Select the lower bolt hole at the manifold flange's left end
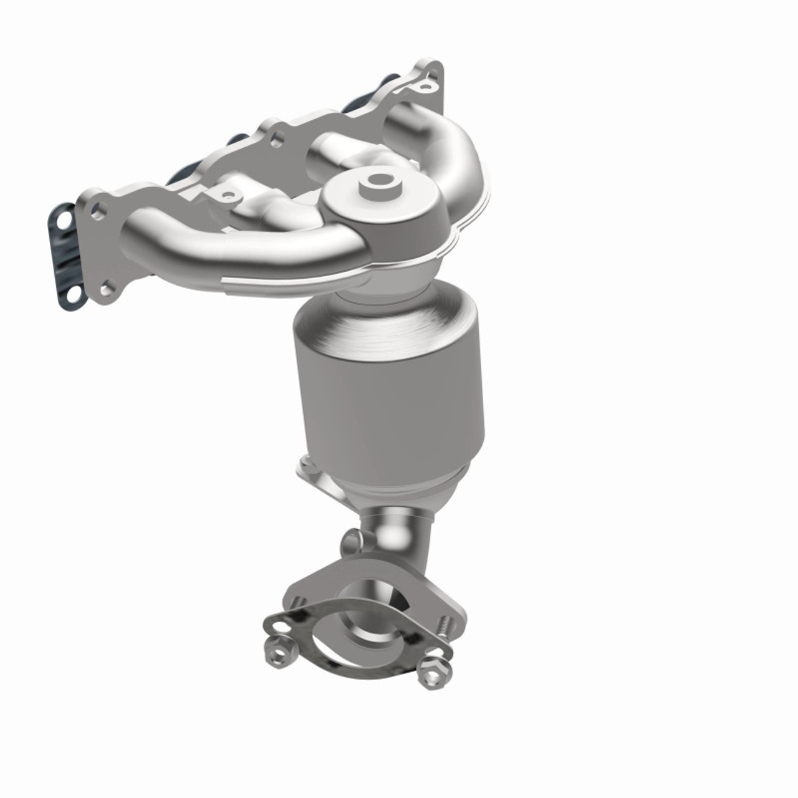(x=108, y=287)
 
